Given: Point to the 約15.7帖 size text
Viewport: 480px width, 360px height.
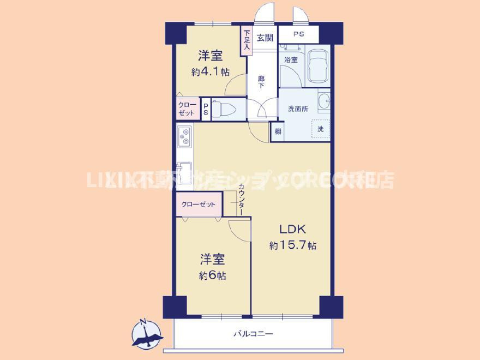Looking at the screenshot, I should (292, 246).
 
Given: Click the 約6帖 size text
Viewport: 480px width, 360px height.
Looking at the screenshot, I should (212, 275).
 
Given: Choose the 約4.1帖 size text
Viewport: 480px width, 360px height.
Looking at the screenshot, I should (210, 71).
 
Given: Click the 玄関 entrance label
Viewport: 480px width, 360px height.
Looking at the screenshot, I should (265, 38).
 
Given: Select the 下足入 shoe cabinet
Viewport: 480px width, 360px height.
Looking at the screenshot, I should (247, 40).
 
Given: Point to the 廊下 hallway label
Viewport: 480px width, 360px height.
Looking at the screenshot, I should (261, 82).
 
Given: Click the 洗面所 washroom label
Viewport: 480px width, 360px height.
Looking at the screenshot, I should (298, 109).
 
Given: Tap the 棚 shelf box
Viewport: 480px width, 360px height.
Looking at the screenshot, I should (278, 131).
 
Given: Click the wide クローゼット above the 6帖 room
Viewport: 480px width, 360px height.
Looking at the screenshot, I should (199, 205).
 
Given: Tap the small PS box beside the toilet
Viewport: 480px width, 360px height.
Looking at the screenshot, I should (206, 107).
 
